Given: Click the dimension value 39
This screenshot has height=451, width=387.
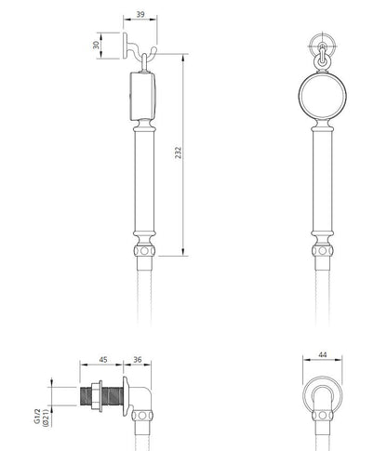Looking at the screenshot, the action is pyautogui.click(x=140, y=14).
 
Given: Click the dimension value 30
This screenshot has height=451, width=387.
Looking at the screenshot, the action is pyautogui.click(x=97, y=45).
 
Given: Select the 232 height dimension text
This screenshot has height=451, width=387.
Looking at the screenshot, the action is pyautogui.click(x=178, y=153).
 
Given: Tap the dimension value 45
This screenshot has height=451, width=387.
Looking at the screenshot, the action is pyautogui.click(x=103, y=360).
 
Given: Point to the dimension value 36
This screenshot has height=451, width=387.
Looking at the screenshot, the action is pyautogui.click(x=138, y=360).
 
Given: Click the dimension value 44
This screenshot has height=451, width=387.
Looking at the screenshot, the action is pyautogui.click(x=323, y=354).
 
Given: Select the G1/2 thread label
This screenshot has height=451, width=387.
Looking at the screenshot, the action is pyautogui.click(x=37, y=416).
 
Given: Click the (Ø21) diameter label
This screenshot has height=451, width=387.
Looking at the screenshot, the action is pyautogui.click(x=47, y=418).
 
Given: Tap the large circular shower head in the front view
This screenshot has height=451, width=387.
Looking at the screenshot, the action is pyautogui.click(x=323, y=95).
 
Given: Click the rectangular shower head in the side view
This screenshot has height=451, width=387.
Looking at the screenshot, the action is pyautogui.click(x=142, y=96).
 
